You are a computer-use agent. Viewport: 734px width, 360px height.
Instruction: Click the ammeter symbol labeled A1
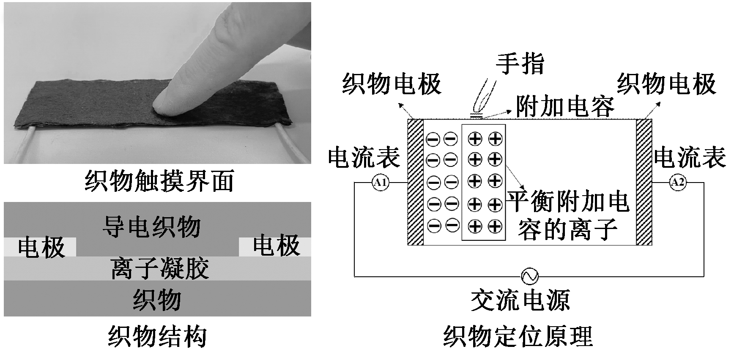(381, 183)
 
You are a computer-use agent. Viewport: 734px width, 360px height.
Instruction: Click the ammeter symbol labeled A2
(678, 183)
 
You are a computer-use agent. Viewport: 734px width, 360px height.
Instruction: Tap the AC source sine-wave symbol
(529, 276)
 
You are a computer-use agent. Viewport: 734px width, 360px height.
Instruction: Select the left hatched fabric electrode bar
(415, 182)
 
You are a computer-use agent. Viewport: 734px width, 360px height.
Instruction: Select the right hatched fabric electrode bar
(644, 182)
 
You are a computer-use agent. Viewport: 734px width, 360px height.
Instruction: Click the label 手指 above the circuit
(520, 63)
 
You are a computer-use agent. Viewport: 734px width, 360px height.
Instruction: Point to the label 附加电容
(565, 106)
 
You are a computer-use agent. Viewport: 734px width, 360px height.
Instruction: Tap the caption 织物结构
(157, 337)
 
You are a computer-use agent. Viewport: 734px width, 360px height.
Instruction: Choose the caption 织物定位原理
(518, 337)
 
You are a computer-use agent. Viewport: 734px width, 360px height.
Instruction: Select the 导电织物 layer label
(151, 227)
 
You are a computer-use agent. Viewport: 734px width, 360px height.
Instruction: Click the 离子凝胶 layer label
(160, 268)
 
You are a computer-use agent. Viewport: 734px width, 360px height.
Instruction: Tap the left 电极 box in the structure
(41, 247)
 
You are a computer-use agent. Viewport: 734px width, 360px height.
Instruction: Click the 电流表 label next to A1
(364, 158)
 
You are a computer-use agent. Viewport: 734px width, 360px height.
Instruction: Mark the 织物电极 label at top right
(666, 84)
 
